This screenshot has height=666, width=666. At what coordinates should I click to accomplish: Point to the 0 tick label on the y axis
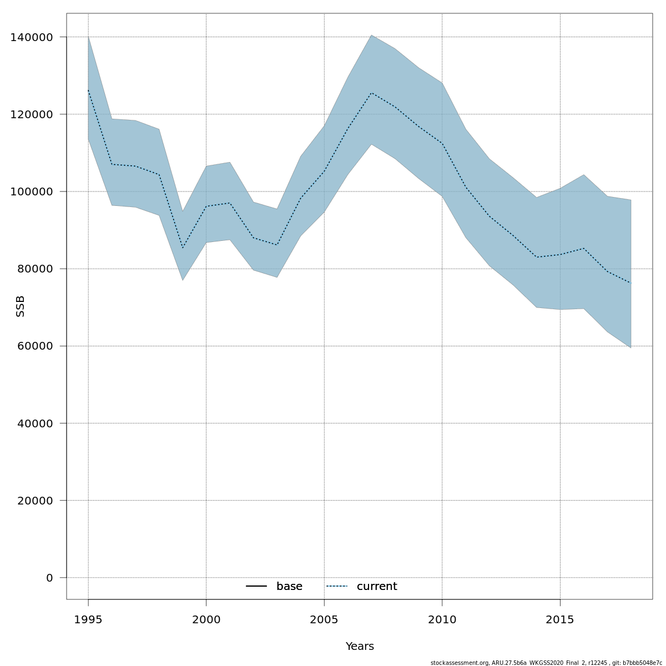[49, 578]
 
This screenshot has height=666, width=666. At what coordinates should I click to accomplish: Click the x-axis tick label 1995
[88, 619]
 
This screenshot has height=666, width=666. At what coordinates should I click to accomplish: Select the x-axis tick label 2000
[206, 619]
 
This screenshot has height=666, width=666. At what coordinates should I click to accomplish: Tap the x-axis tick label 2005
[324, 619]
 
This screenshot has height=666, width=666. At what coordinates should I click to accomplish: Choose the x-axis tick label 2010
[442, 619]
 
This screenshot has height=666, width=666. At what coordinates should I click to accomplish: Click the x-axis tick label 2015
[560, 619]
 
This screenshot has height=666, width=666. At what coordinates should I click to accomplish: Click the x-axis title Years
[360, 647]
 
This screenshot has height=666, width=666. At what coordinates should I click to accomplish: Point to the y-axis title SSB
[21, 306]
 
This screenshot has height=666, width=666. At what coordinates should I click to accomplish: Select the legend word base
[289, 587]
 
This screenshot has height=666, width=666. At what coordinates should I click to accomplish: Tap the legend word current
[377, 587]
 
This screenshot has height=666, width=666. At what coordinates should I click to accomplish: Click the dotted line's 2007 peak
[371, 93]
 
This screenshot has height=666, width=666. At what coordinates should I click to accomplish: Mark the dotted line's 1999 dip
[183, 248]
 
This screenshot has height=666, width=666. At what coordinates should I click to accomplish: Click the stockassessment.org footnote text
[546, 663]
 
